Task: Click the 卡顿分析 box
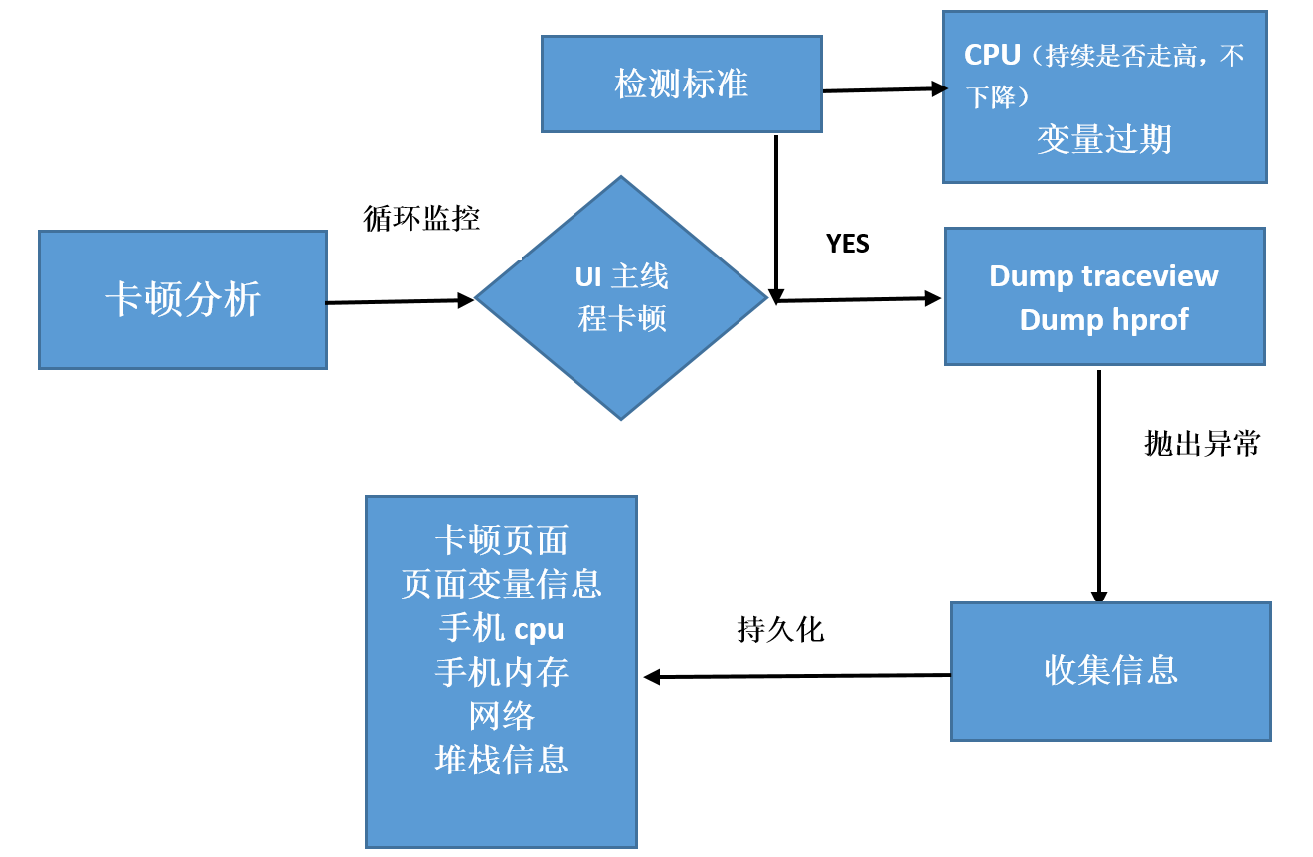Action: click(x=183, y=299)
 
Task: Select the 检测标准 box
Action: click(x=682, y=84)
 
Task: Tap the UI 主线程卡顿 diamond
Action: click(x=621, y=297)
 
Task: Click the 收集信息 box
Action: click(x=1110, y=670)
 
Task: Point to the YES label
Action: click(x=847, y=244)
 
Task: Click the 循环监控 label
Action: click(x=422, y=219)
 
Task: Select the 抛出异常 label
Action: click(x=1202, y=444)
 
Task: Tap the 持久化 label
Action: click(x=780, y=629)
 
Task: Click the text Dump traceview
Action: click(x=1103, y=276)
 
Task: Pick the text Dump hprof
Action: click(x=1103, y=320)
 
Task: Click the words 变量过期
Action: click(x=1103, y=139)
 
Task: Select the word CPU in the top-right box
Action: click(x=992, y=55)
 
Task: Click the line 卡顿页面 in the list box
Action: click(x=501, y=540)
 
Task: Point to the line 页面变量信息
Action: click(x=501, y=584)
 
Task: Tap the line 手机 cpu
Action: click(x=501, y=628)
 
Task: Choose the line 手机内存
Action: click(x=501, y=673)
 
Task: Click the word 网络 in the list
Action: click(x=501, y=716)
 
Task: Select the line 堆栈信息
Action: click(x=501, y=760)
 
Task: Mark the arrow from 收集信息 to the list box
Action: click(x=795, y=676)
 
